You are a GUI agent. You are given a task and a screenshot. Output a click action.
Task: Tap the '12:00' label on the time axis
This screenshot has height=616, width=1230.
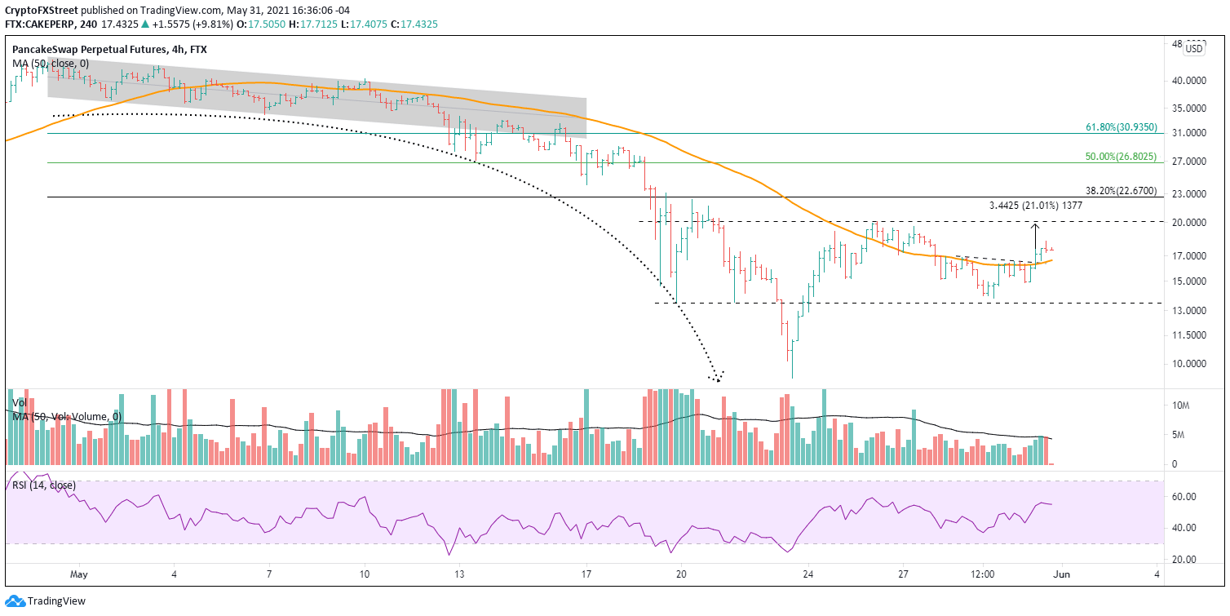[x=983, y=574]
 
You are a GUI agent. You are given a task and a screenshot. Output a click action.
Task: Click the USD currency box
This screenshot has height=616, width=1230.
[x=1193, y=49]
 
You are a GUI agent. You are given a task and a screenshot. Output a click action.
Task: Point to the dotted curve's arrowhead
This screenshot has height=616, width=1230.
[x=718, y=378]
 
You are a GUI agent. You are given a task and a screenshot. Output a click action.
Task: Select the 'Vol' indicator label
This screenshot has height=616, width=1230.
[x=20, y=403]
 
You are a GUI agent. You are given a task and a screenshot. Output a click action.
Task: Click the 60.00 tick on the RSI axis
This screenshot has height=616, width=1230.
[x=1184, y=496]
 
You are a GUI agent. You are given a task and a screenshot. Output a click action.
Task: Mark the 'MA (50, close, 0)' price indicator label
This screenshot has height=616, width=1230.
[x=50, y=63]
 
